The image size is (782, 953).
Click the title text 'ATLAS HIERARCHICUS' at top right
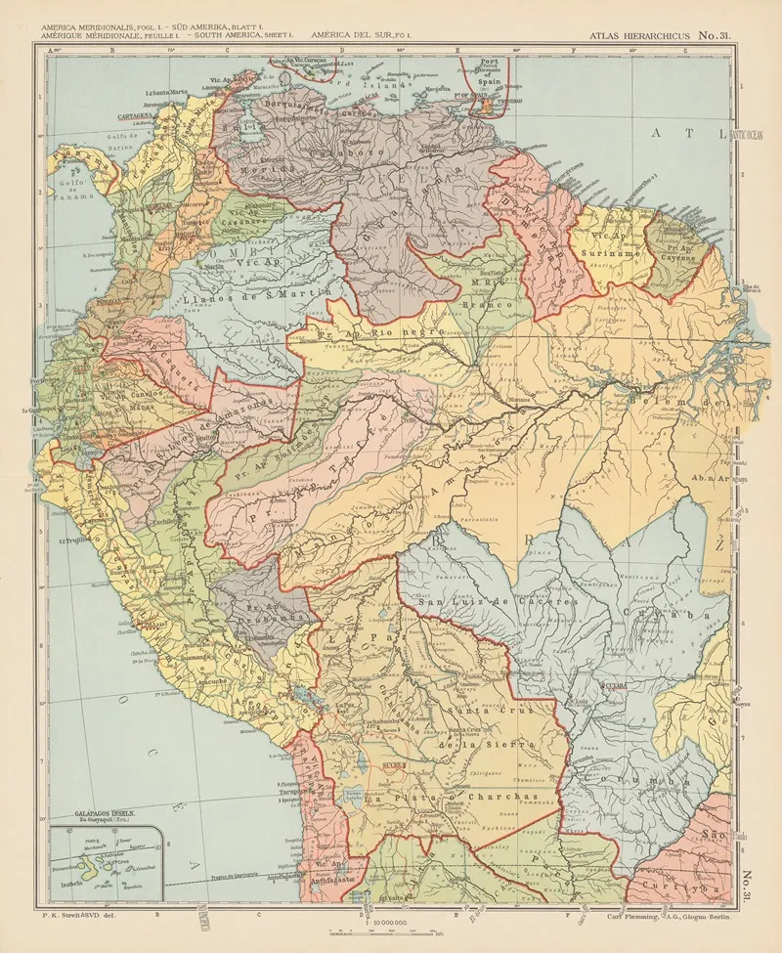pyautogui.click(x=644, y=36)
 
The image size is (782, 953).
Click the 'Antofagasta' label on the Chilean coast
pyautogui.click(x=326, y=877)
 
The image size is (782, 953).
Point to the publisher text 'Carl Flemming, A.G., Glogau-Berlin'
pyautogui.click(x=670, y=916)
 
